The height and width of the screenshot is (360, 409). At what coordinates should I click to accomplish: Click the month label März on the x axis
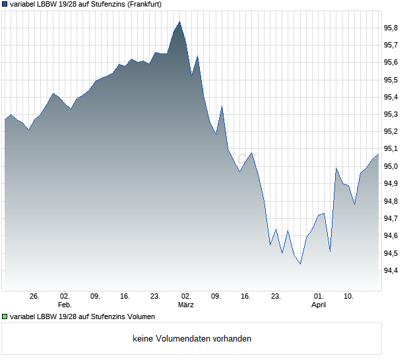coord(185,305)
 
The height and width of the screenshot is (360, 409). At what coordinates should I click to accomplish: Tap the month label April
coord(319,305)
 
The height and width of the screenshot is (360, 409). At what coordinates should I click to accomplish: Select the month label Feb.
coord(64,305)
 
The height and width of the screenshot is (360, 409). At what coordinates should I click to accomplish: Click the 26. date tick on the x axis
coord(35,296)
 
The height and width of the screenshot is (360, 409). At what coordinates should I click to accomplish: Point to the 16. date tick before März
coord(125,296)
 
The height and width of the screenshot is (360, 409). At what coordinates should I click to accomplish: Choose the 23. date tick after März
coord(276,296)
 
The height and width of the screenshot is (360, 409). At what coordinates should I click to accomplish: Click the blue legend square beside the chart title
coord(5,4)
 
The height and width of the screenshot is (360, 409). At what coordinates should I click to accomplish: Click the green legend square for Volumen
coord(5,316)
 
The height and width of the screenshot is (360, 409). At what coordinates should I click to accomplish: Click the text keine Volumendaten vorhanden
coord(192,339)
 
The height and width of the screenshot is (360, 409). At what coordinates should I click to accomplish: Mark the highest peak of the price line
coord(179,22)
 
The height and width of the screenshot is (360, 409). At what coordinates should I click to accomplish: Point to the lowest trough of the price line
coord(300,264)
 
